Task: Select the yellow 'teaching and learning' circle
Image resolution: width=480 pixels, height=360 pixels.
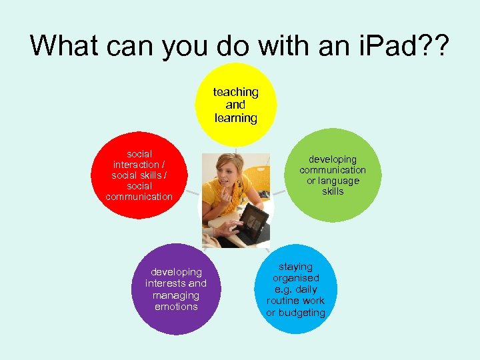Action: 235,105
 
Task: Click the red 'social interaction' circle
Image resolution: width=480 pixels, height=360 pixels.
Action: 139,175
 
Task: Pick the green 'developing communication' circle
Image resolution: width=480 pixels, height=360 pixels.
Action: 332,175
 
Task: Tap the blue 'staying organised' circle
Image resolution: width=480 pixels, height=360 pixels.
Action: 295,289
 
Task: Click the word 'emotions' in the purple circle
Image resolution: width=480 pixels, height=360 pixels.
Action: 176,307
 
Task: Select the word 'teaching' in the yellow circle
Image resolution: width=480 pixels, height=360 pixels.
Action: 235,92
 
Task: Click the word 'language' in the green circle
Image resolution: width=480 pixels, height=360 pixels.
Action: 338,181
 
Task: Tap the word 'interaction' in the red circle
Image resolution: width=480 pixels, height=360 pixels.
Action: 136,165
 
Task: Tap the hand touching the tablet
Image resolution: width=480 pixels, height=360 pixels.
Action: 223,230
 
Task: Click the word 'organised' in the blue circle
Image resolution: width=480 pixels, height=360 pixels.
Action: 295,278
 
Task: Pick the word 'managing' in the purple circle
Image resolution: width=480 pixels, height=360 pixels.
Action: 176,295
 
